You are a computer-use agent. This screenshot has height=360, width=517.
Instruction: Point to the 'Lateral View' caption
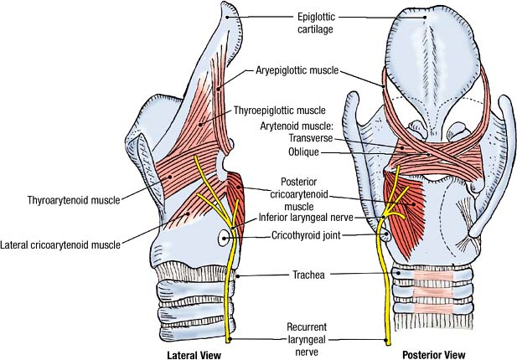[194, 355]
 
